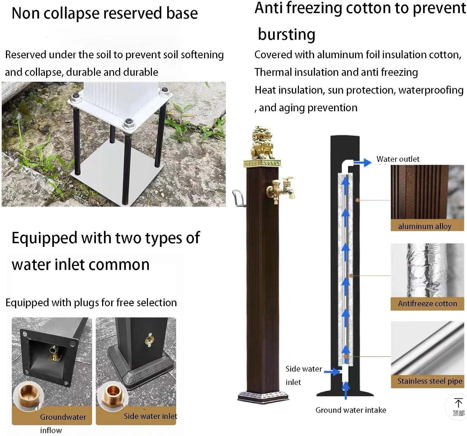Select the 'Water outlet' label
(x=398, y=159)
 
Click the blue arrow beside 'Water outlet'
(x=362, y=162)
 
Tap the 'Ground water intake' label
(x=351, y=410)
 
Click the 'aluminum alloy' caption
(x=425, y=226)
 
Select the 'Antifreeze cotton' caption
(x=427, y=303)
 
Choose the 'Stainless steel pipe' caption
(x=430, y=381)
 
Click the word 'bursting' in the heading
(x=287, y=35)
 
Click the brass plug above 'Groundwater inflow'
(x=28, y=396)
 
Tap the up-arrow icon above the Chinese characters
(x=458, y=403)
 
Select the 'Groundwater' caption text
(x=63, y=417)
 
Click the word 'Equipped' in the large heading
(x=45, y=238)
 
